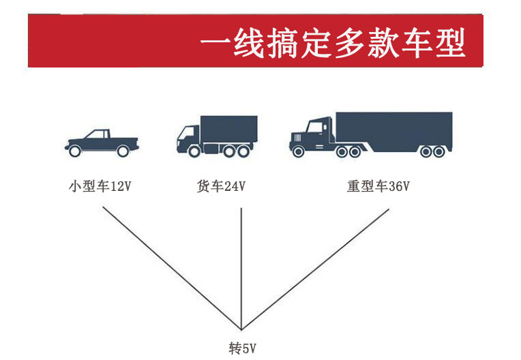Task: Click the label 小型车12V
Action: point(100,186)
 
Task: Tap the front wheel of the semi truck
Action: point(298,151)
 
